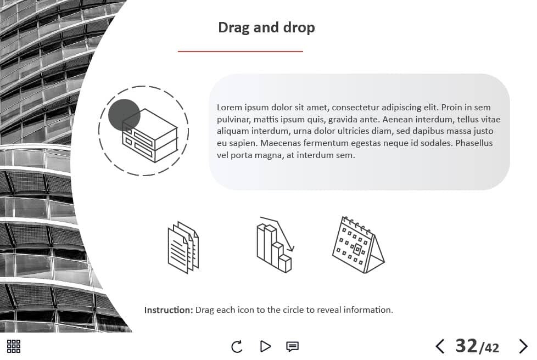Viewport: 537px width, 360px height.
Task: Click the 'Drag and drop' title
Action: click(x=266, y=28)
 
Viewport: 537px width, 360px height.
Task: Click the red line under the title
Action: click(x=240, y=52)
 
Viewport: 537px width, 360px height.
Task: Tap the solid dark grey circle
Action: click(x=124, y=115)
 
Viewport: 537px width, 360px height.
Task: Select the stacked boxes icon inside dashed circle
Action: click(x=150, y=136)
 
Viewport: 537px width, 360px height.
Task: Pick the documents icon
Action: click(x=183, y=247)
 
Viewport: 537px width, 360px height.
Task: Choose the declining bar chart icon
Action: click(x=275, y=244)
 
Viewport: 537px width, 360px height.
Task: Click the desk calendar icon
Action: click(x=358, y=245)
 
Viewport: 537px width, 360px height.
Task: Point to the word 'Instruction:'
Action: click(x=169, y=310)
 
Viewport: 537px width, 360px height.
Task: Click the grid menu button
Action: click(x=14, y=346)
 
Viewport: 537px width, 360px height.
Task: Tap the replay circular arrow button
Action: click(x=237, y=347)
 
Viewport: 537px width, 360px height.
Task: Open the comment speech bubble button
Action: click(x=292, y=347)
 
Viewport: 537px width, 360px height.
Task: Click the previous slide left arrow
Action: click(x=440, y=346)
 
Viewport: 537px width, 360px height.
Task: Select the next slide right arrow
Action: click(x=523, y=346)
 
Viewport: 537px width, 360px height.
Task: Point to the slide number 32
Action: click(x=466, y=346)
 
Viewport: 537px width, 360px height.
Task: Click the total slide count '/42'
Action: click(x=489, y=348)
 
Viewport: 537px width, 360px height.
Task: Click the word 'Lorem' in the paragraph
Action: click(x=230, y=108)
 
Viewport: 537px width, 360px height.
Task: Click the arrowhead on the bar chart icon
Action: click(x=290, y=248)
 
